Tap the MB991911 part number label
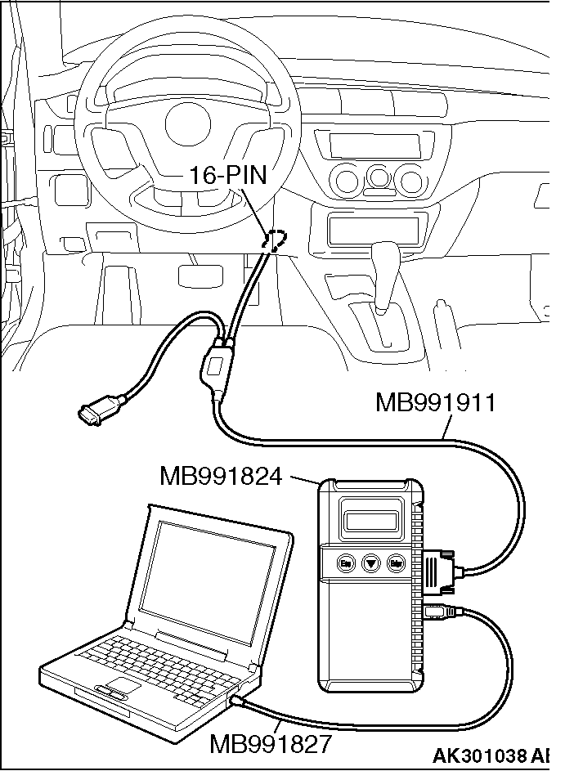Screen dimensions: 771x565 pos(435,403)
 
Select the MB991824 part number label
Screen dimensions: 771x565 pos(221,475)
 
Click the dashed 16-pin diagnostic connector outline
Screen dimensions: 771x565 pos(276,240)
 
